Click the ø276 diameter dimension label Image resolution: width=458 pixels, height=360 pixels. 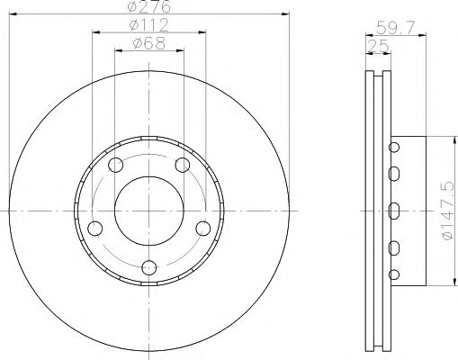point(149,6)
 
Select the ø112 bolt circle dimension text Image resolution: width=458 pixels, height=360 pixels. point(149,25)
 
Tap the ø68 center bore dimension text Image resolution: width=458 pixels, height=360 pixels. point(149,43)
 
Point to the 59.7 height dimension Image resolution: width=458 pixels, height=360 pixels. point(396,28)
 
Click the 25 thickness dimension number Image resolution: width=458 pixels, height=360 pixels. point(378,46)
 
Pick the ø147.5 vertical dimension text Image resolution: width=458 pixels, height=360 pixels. point(448,211)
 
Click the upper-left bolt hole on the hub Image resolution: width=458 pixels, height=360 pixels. point(115,165)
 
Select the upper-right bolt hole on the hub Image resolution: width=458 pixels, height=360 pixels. point(183,165)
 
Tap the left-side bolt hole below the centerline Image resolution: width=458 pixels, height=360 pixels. point(95,229)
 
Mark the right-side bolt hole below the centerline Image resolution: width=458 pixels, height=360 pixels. point(203,229)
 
